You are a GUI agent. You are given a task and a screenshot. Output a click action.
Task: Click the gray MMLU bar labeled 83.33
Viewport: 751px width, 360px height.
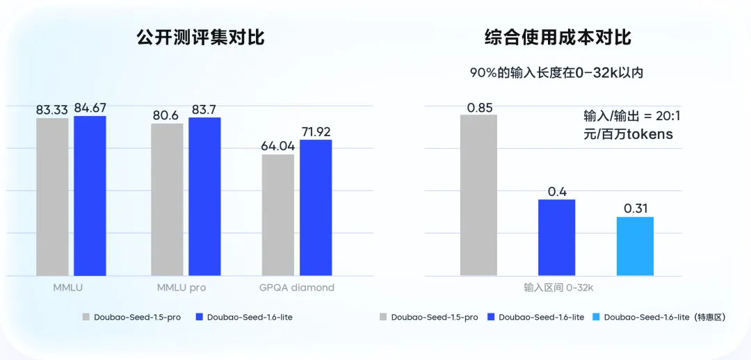52,197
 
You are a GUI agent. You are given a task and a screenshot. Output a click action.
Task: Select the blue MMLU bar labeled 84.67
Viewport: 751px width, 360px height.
90,196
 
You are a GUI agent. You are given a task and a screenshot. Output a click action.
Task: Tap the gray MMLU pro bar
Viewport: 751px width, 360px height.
167,199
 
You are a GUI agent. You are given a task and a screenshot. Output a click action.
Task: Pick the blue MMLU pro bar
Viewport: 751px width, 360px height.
204,197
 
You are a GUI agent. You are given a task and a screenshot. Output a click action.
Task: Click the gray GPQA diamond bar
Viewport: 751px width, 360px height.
278,215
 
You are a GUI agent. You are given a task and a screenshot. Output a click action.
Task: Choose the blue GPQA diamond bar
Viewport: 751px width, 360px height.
316,208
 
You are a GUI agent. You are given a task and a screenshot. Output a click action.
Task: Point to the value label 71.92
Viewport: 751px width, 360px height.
316,131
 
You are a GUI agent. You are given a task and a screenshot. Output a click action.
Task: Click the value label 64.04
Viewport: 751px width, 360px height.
278,146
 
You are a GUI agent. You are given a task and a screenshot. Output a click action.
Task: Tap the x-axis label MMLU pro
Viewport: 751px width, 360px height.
181,288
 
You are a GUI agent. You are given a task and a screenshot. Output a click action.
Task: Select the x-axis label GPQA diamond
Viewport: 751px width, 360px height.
298,288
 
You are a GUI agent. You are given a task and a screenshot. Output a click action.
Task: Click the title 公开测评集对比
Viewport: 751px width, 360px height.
200,38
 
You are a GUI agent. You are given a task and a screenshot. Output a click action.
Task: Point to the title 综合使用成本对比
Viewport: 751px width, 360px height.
558,38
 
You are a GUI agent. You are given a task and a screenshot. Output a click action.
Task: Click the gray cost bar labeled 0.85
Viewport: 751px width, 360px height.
478,195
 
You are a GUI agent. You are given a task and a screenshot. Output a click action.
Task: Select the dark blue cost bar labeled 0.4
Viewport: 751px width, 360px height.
556,238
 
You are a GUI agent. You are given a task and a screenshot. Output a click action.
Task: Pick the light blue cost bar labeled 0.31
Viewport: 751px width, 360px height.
635,246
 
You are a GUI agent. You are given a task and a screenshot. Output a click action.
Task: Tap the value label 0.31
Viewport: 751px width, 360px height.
635,208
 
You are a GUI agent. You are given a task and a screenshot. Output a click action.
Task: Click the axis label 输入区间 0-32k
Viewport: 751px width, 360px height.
556,286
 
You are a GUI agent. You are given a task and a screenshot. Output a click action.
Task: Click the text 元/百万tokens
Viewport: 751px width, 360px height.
629,134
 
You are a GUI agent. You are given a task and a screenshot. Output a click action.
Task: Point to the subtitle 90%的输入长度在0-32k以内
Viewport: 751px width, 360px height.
557,72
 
